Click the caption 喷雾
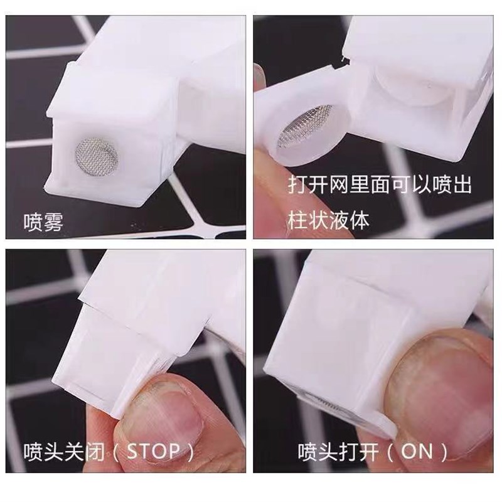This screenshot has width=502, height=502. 43,222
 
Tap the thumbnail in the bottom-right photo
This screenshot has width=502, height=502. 427,389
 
